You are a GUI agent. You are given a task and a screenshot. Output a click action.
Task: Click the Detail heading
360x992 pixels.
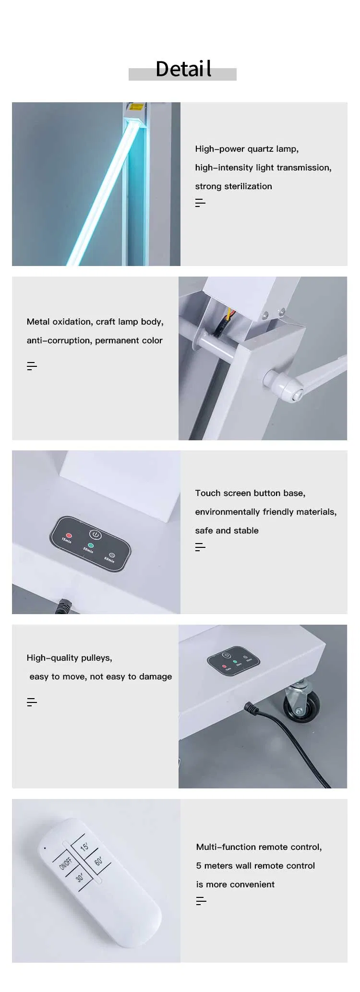point(183,69)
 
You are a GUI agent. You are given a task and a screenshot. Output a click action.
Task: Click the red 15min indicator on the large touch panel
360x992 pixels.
point(69,535)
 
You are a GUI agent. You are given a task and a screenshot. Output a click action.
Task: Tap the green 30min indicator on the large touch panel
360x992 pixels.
point(91,545)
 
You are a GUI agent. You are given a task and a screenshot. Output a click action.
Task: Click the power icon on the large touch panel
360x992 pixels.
point(96,535)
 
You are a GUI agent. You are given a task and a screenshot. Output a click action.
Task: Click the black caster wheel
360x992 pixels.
point(301,706)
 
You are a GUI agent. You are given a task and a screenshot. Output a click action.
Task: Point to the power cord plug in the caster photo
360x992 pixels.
point(251,707)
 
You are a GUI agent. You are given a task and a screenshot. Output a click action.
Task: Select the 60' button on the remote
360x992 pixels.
point(98,860)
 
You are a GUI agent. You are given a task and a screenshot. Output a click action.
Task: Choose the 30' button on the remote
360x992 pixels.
point(80,877)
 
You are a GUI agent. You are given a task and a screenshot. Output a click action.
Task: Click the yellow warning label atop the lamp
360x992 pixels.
point(136,107)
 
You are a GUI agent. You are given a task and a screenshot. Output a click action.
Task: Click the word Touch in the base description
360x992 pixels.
point(207,493)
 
